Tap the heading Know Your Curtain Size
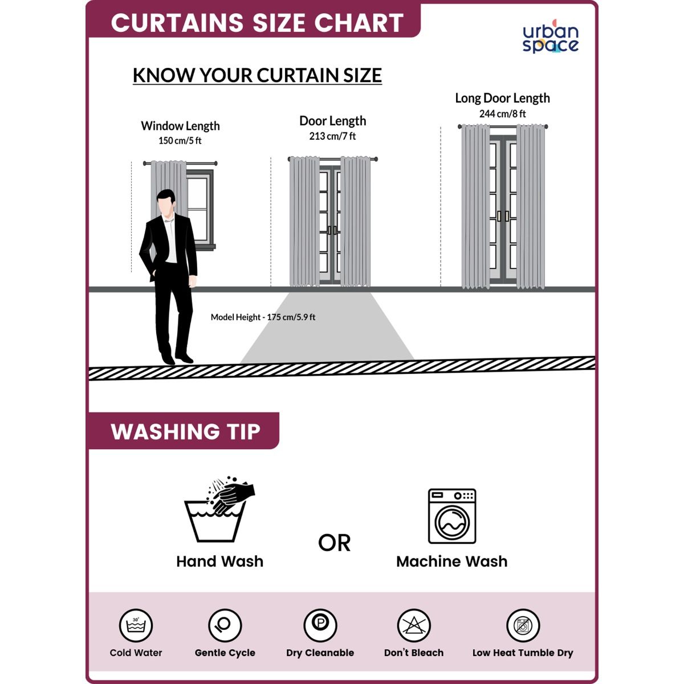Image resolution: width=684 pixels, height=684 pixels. click(257, 75)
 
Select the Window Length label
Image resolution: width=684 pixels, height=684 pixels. click(180, 126)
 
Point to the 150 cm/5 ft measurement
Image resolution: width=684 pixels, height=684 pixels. click(180, 141)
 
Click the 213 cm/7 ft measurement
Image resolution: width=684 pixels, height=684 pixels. click(332, 136)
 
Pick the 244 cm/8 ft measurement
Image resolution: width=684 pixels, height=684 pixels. click(502, 114)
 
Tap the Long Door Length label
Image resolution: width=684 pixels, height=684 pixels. click(502, 98)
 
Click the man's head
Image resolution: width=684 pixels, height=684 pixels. click(166, 202)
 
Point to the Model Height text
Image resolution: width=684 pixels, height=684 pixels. click(263, 317)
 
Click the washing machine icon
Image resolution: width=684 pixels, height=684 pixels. click(452, 516)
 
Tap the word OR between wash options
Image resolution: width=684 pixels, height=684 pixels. click(335, 543)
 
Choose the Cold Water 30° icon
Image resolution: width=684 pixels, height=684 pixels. click(136, 625)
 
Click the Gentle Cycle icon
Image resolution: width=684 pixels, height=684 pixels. click(225, 625)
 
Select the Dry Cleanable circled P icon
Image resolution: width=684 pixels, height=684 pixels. click(320, 625)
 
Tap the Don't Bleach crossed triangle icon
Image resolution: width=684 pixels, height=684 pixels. click(414, 625)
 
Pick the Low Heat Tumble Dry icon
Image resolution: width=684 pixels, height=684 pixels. click(523, 625)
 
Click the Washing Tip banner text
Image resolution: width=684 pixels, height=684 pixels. click(186, 431)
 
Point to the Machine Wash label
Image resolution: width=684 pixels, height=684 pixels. click(452, 562)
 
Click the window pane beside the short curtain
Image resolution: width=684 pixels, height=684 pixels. click(197, 209)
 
